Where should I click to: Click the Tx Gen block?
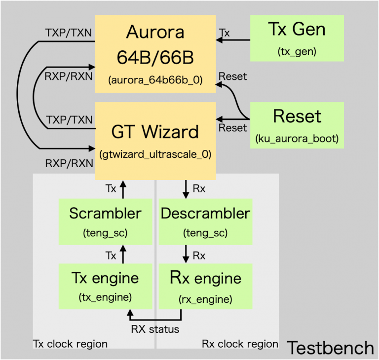tap(297, 38)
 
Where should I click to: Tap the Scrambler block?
tap(105, 221)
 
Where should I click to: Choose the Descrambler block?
tap(205, 221)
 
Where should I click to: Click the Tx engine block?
tap(105, 287)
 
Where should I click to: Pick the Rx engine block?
tap(205, 287)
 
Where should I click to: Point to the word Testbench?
tap(330, 348)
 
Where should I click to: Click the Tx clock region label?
tap(70, 343)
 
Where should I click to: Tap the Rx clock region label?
tap(240, 343)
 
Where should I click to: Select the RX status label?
tap(155, 329)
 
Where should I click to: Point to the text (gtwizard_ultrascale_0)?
tap(155, 154)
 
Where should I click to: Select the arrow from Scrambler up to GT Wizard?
tap(123, 187)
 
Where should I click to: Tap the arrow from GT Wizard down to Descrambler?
tap(185, 188)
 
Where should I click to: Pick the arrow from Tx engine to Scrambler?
tap(123, 254)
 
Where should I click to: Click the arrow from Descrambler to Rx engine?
tap(185, 254)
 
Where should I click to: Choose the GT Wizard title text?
tap(155, 132)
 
